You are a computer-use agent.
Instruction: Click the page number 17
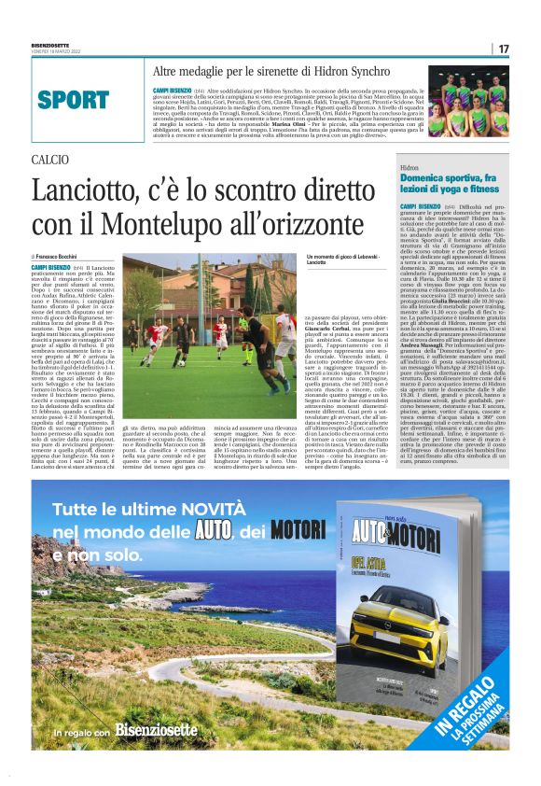tap(504, 49)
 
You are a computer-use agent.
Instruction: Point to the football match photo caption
tap(328, 260)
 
